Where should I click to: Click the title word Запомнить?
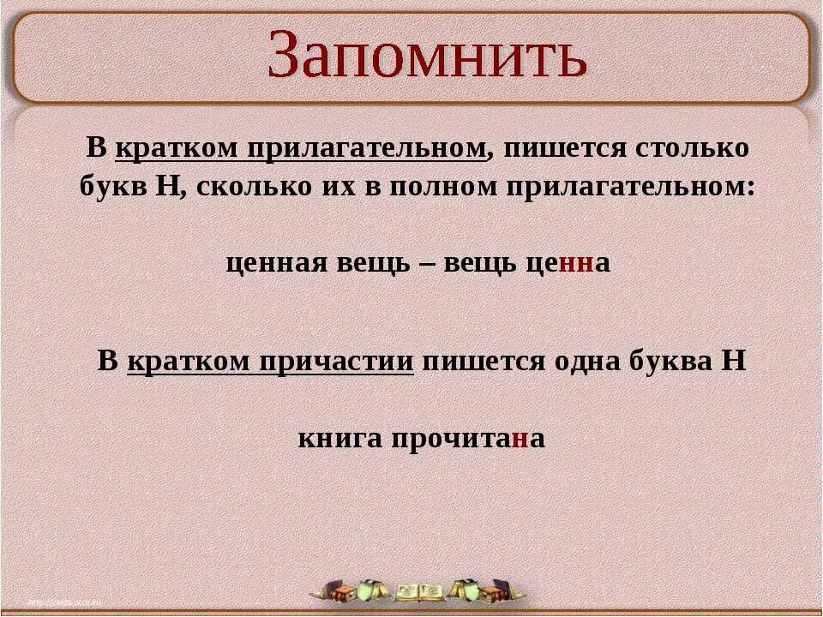click(426, 56)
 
